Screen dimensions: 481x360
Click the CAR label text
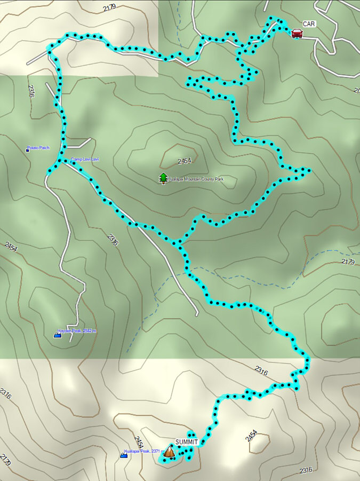[309, 24]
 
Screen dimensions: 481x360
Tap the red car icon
[297, 33]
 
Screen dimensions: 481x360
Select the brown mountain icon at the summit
[169, 452]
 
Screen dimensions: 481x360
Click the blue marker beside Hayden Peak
[58, 335]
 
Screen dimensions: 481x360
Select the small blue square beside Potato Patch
[28, 150]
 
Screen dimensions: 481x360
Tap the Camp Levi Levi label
[85, 159]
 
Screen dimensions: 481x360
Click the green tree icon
[163, 178]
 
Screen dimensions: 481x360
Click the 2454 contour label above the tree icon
[183, 161]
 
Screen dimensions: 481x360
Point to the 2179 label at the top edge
[109, 7]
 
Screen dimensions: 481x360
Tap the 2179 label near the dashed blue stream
[347, 262]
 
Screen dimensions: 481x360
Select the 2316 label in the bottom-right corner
[306, 470]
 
